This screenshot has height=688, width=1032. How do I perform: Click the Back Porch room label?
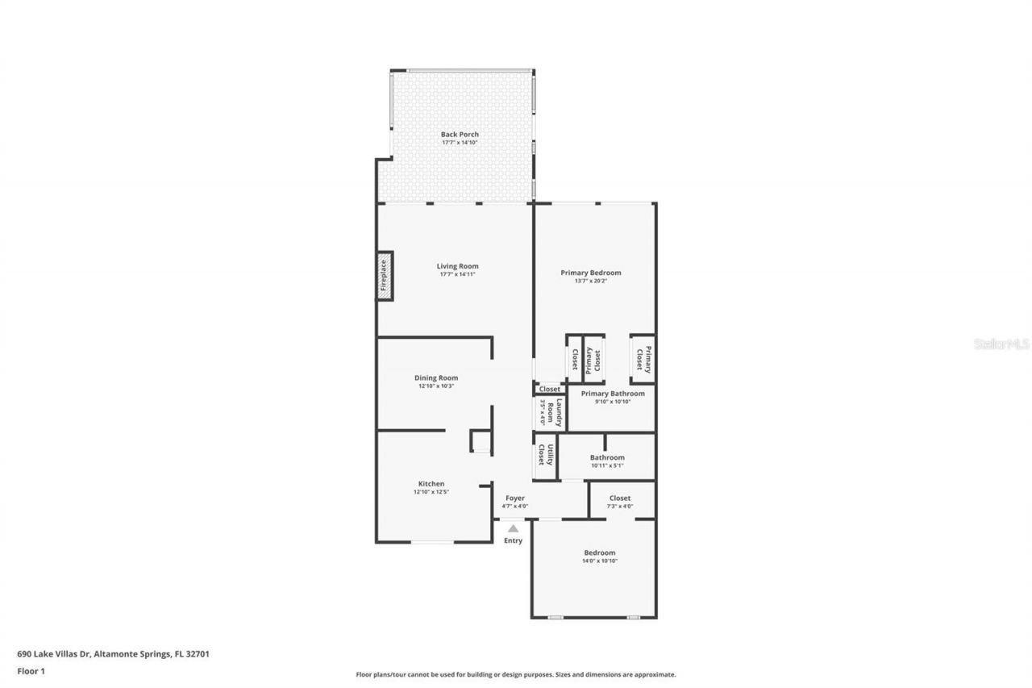click(x=460, y=135)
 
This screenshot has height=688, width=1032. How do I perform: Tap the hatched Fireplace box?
click(x=385, y=276)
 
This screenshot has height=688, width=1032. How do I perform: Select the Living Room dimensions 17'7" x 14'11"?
click(x=457, y=274)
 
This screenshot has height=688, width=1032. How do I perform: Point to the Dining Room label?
click(x=436, y=377)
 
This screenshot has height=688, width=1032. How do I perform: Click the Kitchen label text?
click(x=431, y=484)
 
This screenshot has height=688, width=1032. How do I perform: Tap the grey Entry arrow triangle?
click(x=513, y=528)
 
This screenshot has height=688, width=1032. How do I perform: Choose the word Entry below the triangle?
click(x=513, y=540)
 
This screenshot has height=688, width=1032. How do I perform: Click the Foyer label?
click(x=515, y=498)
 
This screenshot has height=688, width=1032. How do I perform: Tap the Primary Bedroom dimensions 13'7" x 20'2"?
click(x=591, y=281)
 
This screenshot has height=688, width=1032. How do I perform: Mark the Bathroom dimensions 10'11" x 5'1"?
click(x=607, y=465)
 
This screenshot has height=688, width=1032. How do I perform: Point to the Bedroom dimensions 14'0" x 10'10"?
click(x=600, y=561)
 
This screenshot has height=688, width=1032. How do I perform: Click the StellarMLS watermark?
click(x=1001, y=344)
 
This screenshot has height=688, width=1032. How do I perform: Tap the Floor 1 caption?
click(x=31, y=670)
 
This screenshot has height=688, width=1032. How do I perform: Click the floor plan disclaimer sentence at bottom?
click(x=516, y=674)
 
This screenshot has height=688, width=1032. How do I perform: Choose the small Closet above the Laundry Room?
click(x=549, y=389)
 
